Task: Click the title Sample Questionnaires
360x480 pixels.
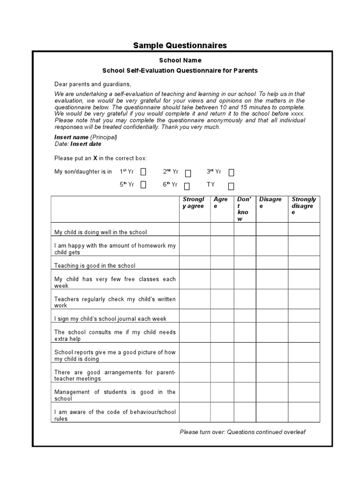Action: point(180,45)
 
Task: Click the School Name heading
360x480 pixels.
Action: point(180,60)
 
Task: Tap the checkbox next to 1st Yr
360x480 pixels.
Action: point(143,172)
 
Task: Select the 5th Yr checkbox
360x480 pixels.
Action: point(143,185)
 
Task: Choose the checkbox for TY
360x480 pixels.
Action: point(231,186)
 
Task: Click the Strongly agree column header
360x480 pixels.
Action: point(194,202)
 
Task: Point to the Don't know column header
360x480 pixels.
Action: point(244,209)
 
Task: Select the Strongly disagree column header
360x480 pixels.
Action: point(304,206)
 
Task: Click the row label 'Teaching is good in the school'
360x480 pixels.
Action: point(95,266)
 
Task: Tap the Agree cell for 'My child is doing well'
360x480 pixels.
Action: point(222,229)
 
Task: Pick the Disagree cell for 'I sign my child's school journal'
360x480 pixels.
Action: point(272,315)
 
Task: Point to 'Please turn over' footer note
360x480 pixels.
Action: point(242,432)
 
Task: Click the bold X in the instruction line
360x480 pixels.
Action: point(95,158)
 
